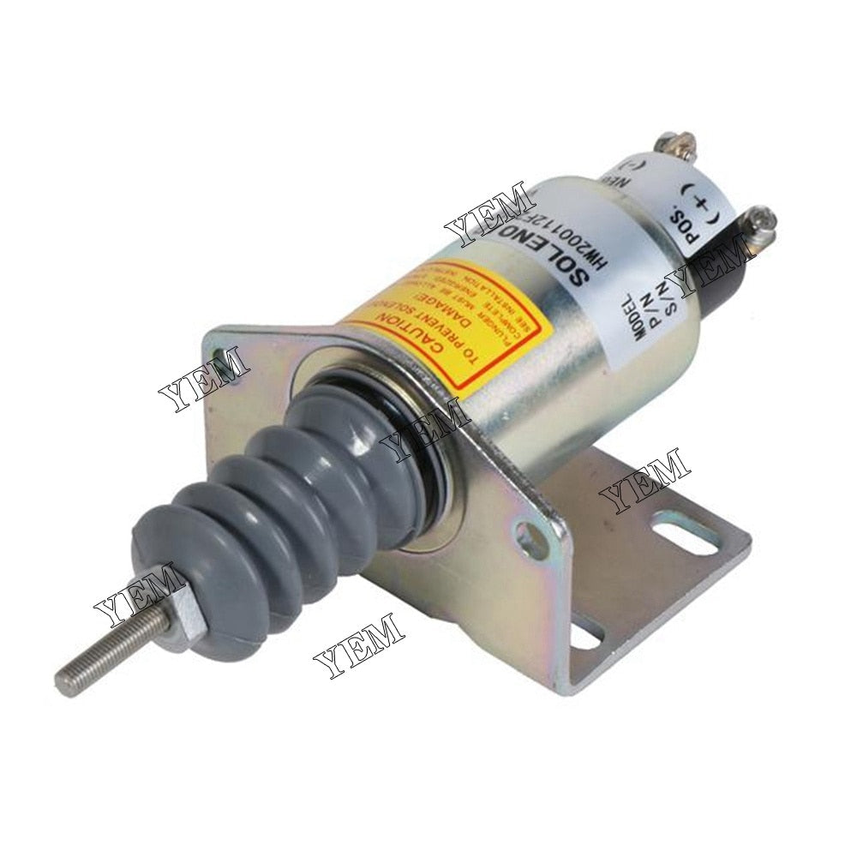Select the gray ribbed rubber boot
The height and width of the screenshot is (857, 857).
tap(283, 497)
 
